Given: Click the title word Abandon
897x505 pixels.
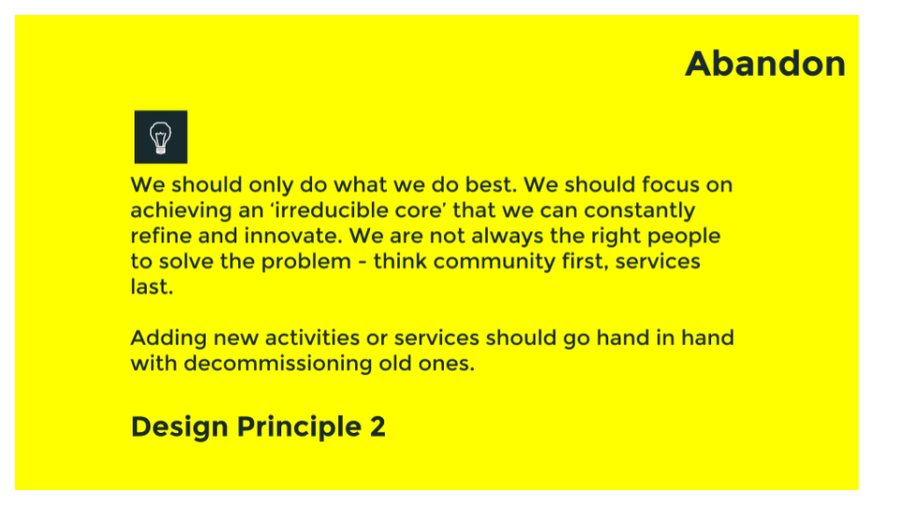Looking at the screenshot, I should click(764, 64).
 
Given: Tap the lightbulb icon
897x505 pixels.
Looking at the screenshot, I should click(161, 137).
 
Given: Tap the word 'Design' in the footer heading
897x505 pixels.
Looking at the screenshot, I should click(179, 426).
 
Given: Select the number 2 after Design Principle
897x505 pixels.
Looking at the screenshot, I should click(377, 426).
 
